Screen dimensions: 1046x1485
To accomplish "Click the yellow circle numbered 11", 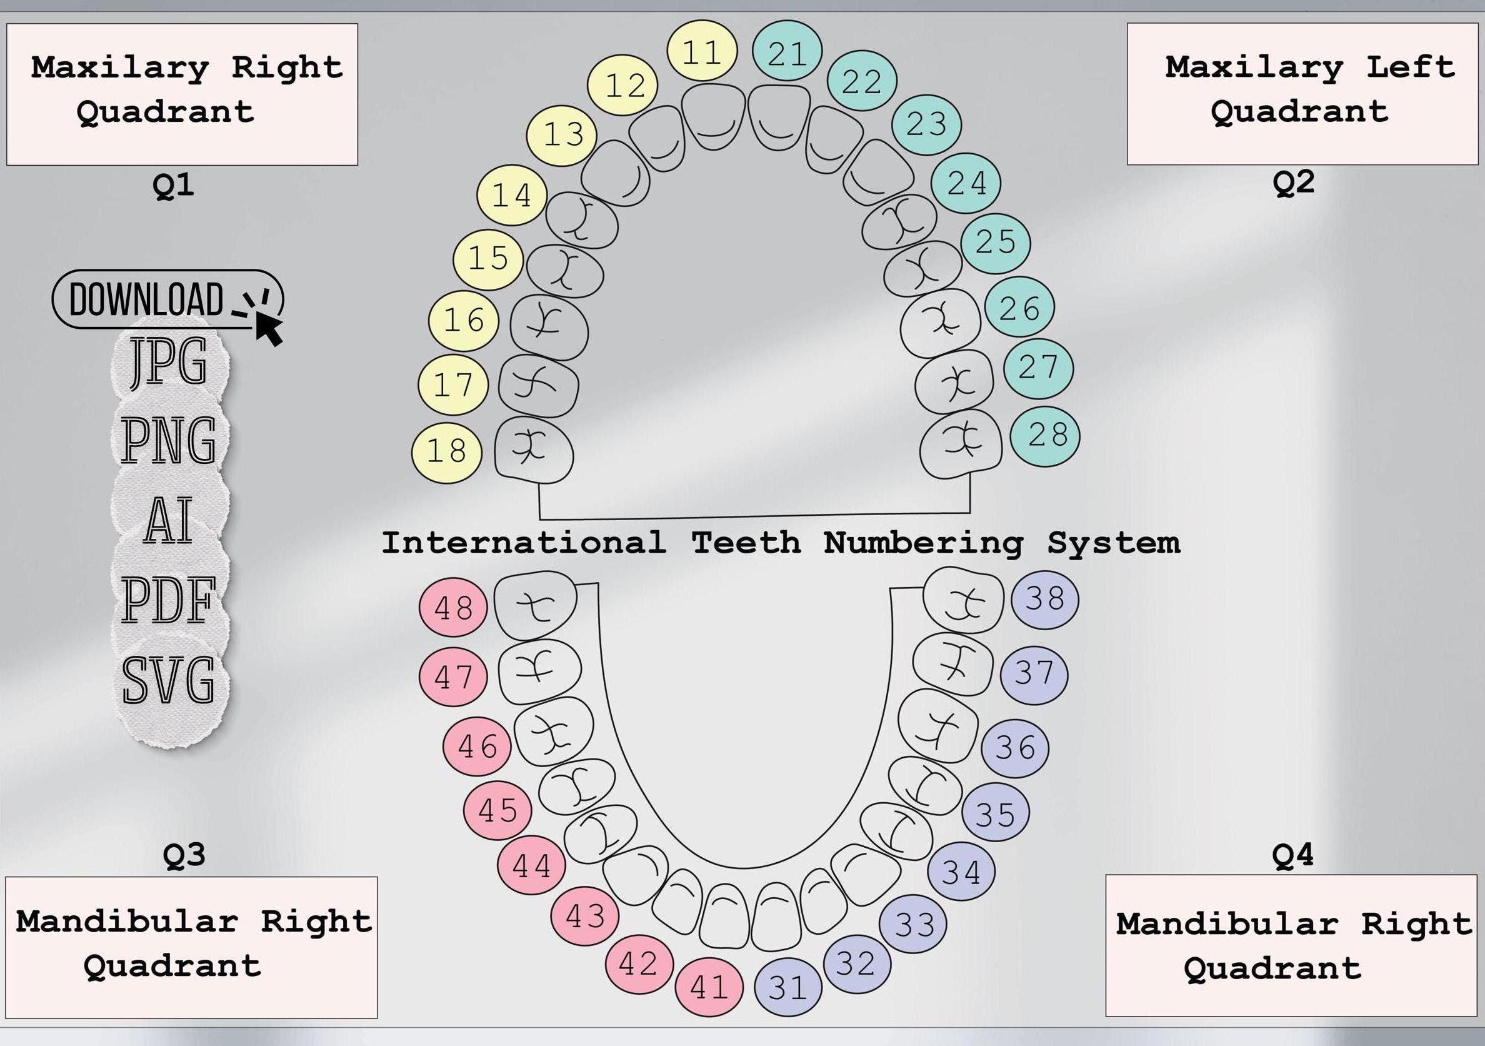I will [702, 51].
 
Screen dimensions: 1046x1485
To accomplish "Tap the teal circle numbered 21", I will [787, 53].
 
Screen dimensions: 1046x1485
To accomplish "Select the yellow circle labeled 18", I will [447, 450].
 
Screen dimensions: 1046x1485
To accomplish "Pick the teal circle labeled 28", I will [1045, 433].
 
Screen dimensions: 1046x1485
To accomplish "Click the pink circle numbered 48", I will [453, 608].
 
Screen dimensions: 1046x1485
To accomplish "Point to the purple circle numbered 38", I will [1044, 598].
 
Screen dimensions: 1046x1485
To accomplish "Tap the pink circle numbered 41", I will [709, 987].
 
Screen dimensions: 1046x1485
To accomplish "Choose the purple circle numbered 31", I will [787, 987].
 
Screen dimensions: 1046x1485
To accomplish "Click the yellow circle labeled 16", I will [464, 319].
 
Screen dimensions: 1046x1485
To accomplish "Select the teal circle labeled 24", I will [967, 183].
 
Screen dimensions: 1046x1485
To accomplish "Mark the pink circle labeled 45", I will [498, 810].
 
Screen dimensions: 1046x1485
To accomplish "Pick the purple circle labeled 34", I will [961, 872].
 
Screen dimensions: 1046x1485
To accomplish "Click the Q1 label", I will [173, 186].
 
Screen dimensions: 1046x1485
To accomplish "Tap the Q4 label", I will [1292, 855].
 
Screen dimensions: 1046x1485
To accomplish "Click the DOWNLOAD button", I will [146, 299].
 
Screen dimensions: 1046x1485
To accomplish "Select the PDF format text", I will [167, 600].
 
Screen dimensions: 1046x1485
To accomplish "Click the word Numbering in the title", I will [923, 542].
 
